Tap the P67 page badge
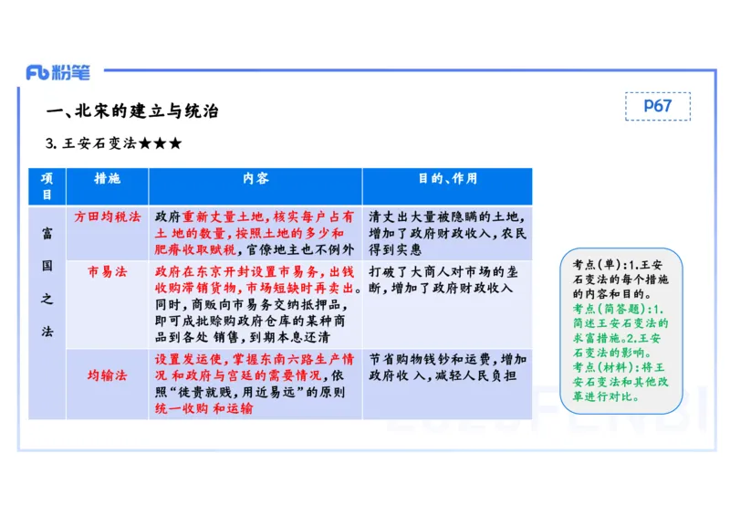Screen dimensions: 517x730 pyautogui.click(x=657, y=106)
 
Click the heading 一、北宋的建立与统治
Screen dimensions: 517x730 pyautogui.click(x=133, y=111)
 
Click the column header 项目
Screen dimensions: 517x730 pyautogui.click(x=47, y=186)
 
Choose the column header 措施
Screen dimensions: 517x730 pyautogui.click(x=108, y=179)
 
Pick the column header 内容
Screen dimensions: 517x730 pyautogui.click(x=255, y=179)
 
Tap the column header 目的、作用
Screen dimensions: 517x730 pyautogui.click(x=447, y=179)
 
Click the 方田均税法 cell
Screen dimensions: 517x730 pyautogui.click(x=108, y=217)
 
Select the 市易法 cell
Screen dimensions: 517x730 pyautogui.click(x=108, y=272)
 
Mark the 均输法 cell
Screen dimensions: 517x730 pyautogui.click(x=108, y=375)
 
